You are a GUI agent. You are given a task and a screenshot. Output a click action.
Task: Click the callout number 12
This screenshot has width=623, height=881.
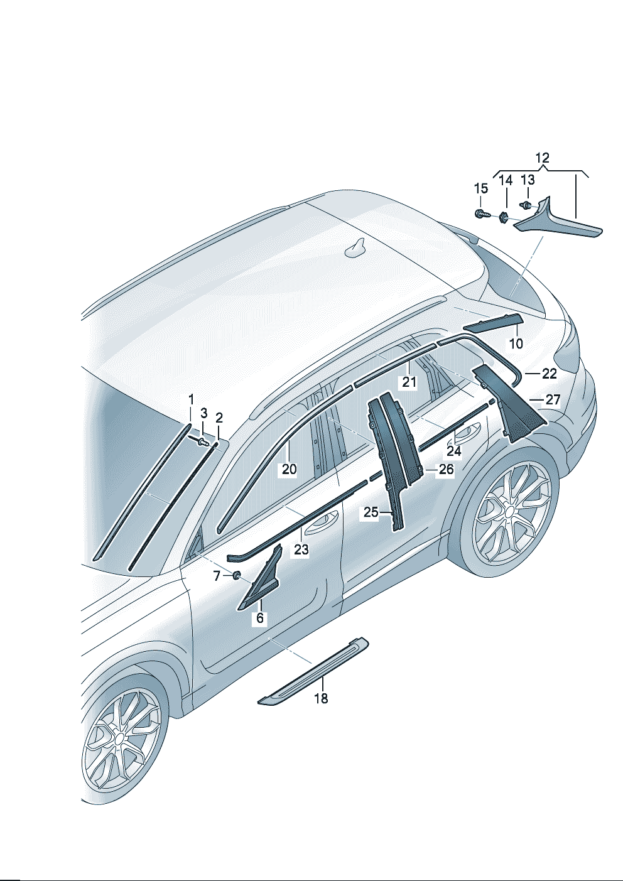click(x=543, y=158)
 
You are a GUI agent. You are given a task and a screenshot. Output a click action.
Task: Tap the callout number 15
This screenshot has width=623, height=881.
click(x=480, y=188)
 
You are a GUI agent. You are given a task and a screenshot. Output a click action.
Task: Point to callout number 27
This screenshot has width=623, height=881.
click(x=553, y=399)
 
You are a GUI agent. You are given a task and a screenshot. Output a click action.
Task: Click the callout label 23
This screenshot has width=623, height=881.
click(x=301, y=549)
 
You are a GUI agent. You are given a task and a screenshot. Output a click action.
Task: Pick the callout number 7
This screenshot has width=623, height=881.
click(x=217, y=576)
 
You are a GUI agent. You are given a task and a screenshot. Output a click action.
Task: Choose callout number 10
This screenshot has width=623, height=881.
click(x=516, y=343)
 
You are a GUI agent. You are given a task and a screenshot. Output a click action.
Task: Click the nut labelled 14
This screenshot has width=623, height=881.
click(x=503, y=217)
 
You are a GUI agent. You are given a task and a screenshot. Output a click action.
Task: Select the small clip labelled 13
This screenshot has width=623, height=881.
click(x=526, y=204)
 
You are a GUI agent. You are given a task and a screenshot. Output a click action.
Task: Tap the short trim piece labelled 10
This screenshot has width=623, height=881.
click(x=492, y=322)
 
